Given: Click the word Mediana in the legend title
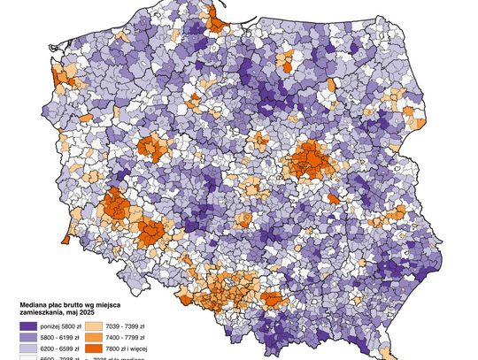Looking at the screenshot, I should coord(35,305).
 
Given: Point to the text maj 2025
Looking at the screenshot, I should coord(80,313).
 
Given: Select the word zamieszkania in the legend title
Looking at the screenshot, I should coord(42,313).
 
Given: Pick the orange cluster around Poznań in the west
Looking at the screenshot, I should coord(158,146).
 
